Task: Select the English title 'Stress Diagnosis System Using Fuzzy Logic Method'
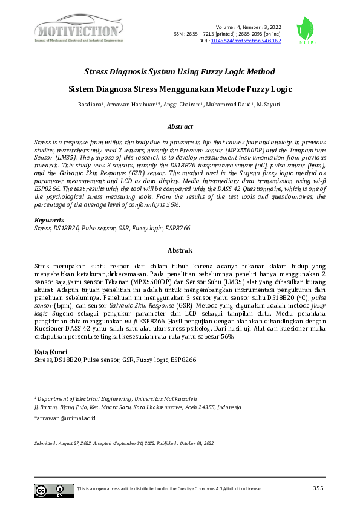[x=180, y=71]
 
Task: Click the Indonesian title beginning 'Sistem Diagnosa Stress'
[x=180, y=89]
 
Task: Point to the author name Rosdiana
[x=91, y=105]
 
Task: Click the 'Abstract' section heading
[x=180, y=126]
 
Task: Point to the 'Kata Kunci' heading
[x=51, y=352]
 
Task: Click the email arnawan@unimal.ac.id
[x=65, y=417]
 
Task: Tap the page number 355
[x=319, y=488]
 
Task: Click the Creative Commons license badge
[x=54, y=490]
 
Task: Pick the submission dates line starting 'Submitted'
[x=124, y=443]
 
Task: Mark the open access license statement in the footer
[x=169, y=488]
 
